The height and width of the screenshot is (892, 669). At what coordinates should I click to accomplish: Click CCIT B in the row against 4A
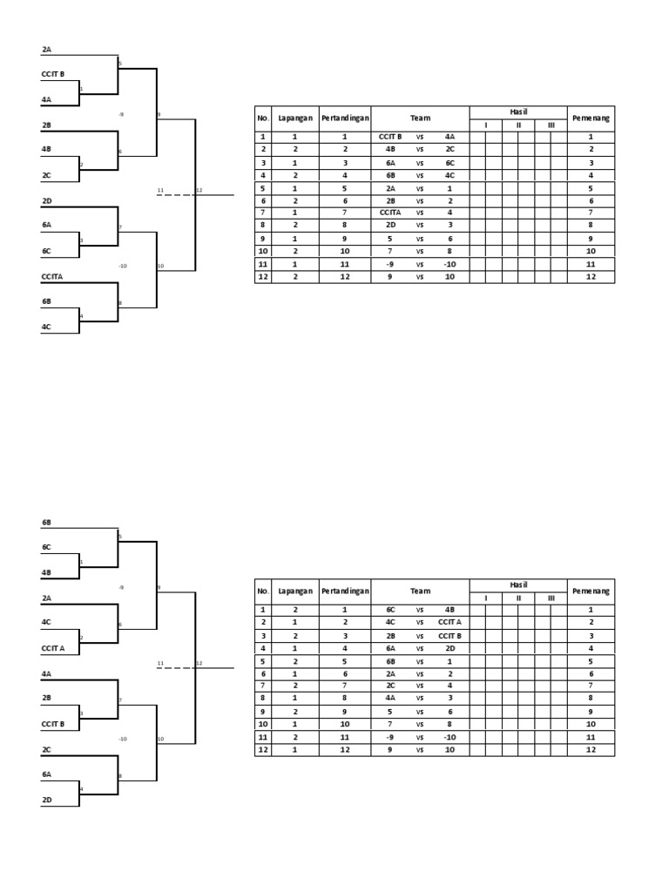389,137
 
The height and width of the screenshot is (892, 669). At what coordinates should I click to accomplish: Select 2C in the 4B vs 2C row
449,150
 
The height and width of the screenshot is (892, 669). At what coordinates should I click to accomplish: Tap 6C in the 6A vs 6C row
449,162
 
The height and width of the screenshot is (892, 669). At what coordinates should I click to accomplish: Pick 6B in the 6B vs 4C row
389,175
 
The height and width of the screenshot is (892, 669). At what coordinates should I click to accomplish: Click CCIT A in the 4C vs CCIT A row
449,622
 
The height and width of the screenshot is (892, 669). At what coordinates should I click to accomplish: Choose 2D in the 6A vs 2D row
449,648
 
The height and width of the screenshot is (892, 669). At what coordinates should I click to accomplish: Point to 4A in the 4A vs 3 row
389,698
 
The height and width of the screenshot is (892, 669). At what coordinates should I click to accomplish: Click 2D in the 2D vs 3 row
389,226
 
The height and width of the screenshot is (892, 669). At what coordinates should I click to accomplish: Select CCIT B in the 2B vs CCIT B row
449,635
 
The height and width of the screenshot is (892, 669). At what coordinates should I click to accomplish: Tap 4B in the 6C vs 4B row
449,610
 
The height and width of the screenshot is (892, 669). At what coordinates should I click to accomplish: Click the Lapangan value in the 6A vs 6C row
295,162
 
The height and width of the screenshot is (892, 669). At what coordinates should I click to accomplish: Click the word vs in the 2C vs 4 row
419,686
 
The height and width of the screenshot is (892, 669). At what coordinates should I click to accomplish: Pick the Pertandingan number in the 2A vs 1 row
345,187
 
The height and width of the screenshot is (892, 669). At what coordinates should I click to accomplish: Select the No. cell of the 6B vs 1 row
262,660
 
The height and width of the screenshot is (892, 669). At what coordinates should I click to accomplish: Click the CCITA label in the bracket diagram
52,276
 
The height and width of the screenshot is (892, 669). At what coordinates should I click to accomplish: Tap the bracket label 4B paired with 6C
47,572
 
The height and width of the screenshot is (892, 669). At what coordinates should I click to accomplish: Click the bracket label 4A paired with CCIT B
47,99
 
